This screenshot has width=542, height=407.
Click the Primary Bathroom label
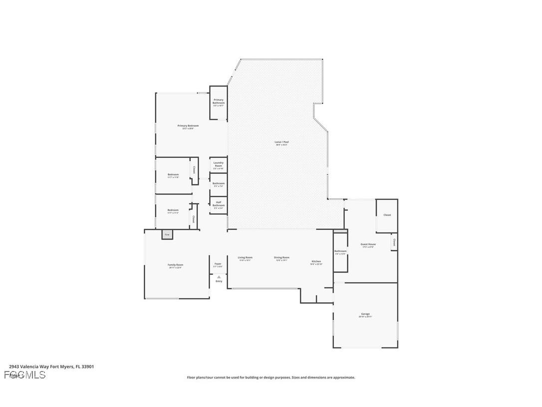click(x=219, y=101)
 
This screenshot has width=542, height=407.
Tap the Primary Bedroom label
click(x=188, y=126)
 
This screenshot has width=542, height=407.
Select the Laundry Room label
click(x=219, y=164)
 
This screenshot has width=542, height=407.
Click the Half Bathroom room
click(x=219, y=205)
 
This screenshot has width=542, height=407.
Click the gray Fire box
click(x=167, y=234)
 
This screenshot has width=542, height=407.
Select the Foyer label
click(x=218, y=264)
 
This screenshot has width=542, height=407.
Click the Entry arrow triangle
click(x=219, y=276)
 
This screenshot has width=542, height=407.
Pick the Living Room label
click(x=245, y=258)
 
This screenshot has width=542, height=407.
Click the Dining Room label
click(x=281, y=258)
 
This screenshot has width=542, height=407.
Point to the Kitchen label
click(x=316, y=262)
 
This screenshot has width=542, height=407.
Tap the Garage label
click(x=365, y=314)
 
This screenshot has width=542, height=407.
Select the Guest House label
click(x=368, y=245)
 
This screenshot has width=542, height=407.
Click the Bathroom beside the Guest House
click(x=340, y=252)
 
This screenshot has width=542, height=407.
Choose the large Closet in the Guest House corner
click(x=387, y=215)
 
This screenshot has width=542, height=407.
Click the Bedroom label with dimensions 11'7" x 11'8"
click(x=173, y=175)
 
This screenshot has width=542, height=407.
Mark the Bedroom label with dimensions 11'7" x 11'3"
click(x=173, y=210)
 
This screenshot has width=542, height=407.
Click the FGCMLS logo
click(x=25, y=375)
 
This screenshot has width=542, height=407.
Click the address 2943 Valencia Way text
click(x=51, y=366)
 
